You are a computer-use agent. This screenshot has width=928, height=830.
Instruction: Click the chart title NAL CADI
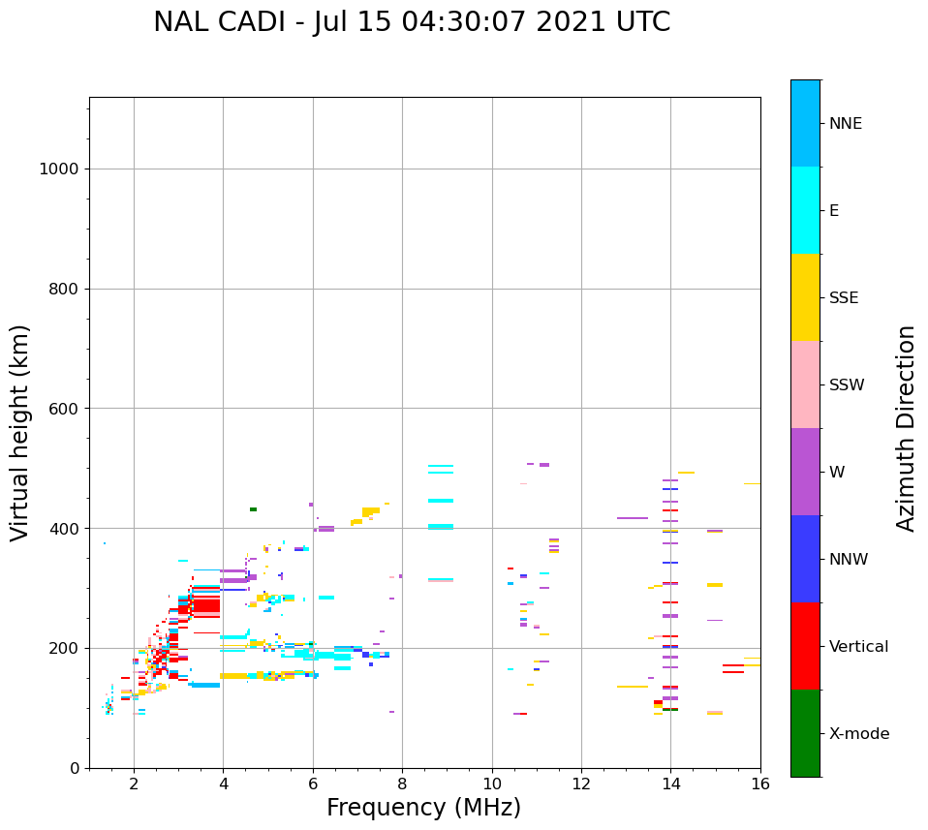click(x=412, y=22)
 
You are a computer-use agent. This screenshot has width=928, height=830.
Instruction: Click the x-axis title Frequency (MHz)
click(x=423, y=808)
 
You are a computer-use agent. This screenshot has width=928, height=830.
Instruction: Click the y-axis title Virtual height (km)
click(x=20, y=433)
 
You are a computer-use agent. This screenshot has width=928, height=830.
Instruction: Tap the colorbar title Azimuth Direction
click(x=906, y=428)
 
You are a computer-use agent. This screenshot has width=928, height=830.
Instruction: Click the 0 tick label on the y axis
click(x=74, y=768)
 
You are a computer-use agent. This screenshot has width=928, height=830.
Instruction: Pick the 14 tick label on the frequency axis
click(x=670, y=784)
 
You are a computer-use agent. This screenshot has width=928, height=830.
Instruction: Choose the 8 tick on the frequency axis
click(x=402, y=784)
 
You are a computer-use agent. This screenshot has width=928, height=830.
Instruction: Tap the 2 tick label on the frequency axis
click(x=134, y=784)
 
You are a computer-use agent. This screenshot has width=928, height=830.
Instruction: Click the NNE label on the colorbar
click(x=845, y=124)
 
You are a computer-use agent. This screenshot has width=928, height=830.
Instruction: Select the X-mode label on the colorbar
click(x=859, y=734)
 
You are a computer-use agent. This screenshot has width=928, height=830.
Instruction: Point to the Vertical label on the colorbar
click(x=859, y=647)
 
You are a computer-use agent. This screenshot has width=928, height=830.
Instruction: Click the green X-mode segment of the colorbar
click(x=805, y=733)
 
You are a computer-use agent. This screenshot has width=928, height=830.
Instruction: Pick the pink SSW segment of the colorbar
click(x=805, y=384)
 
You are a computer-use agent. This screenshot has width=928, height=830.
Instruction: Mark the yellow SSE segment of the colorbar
click(x=805, y=297)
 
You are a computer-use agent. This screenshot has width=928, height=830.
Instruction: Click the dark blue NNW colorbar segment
click(x=805, y=559)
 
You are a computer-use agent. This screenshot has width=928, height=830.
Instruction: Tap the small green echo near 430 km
click(x=253, y=509)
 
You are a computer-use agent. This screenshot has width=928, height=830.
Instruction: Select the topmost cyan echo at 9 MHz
click(x=441, y=466)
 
